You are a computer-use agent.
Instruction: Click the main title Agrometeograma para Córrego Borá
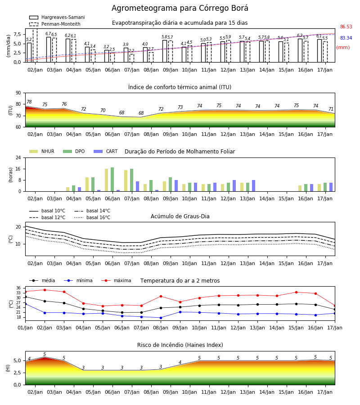[180, 8]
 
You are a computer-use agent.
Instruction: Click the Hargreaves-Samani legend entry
[57, 17]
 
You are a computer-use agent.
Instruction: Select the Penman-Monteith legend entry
[55, 24]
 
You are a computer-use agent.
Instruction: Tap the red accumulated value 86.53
[346, 27]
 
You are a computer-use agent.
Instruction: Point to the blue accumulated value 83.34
[346, 38]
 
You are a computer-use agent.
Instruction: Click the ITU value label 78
[29, 102]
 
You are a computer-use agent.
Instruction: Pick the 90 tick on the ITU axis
[18, 93]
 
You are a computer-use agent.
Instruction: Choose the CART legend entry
[106, 151]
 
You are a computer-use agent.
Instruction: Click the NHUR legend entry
[42, 151]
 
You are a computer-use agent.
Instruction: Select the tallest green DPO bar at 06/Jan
[112, 179]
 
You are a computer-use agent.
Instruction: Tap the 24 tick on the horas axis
[18, 157]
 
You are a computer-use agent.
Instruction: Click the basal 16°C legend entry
[92, 217]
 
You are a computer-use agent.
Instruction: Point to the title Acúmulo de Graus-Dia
[180, 216]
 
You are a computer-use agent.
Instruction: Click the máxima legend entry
[116, 280]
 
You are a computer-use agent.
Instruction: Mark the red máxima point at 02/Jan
[45, 290]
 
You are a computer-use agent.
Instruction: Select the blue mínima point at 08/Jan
[161, 318]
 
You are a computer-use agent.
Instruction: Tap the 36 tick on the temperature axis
[18, 288]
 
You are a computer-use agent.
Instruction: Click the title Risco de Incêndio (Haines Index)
[180, 345]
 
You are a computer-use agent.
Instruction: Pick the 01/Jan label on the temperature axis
[25, 328]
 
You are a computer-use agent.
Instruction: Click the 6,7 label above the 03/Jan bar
[48, 34]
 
